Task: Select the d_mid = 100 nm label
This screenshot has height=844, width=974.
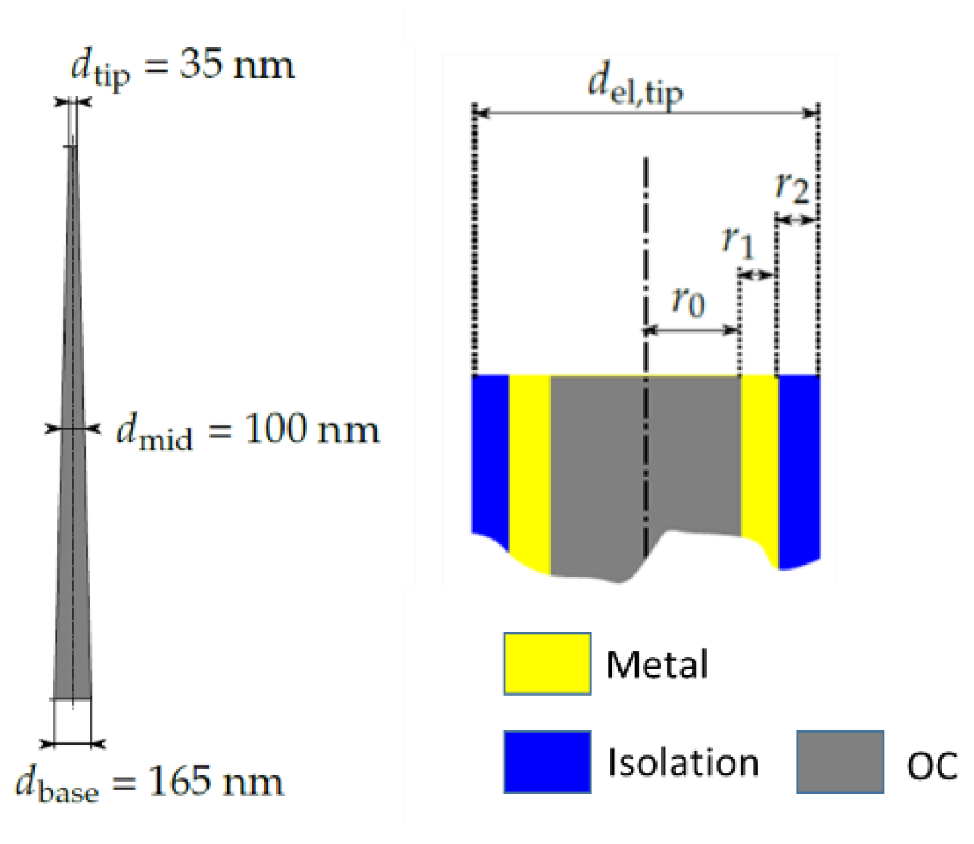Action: [248, 431]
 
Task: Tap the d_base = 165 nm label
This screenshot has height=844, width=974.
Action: [149, 782]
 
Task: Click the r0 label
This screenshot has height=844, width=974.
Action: [688, 301]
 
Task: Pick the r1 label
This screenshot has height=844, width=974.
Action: [737, 241]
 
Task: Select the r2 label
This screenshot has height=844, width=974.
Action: [792, 186]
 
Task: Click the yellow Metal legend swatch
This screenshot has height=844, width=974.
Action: [547, 663]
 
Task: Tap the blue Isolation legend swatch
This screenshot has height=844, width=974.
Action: [547, 761]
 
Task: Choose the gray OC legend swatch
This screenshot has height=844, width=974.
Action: [840, 761]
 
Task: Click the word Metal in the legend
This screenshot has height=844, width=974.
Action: [657, 665]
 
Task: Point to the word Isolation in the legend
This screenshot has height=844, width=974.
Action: [682, 763]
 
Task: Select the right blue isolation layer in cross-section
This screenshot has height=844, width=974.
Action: [798, 467]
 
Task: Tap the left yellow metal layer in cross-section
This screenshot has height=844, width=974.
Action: [530, 467]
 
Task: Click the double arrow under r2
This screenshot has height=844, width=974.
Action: [797, 220]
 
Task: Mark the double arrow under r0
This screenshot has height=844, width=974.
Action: [692, 330]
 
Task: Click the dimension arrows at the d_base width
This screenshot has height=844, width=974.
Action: [73, 744]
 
